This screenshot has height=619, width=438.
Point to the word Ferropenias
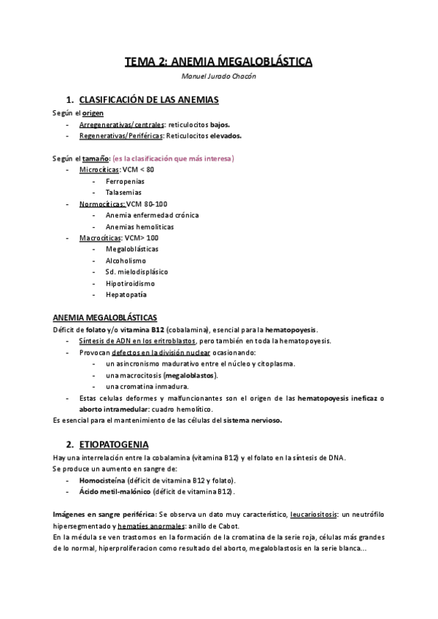coord(125,180)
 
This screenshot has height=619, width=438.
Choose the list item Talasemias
coord(123,192)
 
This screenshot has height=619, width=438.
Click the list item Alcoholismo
coord(126,260)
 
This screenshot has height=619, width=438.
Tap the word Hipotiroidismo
coord(130,282)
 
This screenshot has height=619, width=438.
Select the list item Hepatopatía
coord(126,294)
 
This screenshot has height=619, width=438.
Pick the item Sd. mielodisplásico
coord(135,272)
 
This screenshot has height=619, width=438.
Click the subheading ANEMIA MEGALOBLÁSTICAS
coord(105,318)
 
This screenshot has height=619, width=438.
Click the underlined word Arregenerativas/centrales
coord(121,125)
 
